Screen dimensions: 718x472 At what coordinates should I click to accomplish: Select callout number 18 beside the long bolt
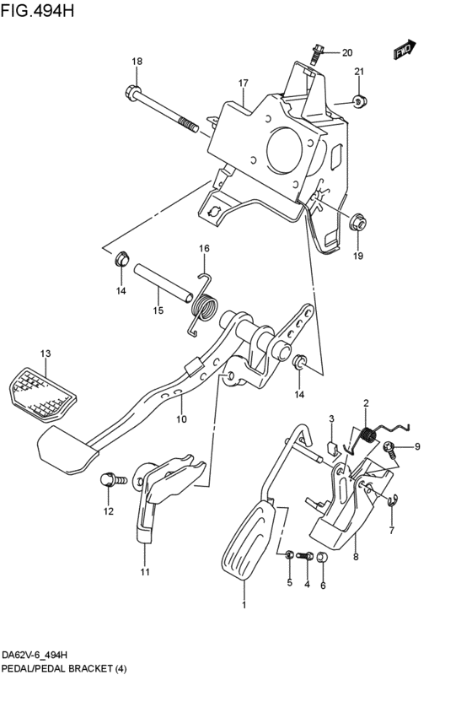(137, 62)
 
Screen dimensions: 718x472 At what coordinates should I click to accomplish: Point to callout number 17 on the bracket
(243, 83)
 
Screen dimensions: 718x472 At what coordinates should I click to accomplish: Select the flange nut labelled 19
(357, 225)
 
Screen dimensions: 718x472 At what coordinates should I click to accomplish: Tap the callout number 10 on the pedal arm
(180, 419)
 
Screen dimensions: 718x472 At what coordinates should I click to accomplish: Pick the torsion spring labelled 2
(367, 436)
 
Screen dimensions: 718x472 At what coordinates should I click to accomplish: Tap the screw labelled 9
(390, 447)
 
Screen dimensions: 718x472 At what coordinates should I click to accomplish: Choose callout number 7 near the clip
(391, 531)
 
